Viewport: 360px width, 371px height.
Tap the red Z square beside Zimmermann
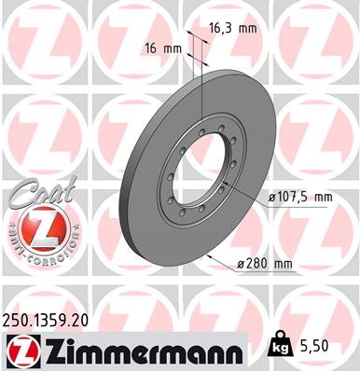click(19, 350)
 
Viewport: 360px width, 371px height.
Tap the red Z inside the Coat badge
click(34, 231)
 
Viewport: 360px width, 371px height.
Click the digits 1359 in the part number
click(50, 319)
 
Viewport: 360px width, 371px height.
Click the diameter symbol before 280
click(242, 265)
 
